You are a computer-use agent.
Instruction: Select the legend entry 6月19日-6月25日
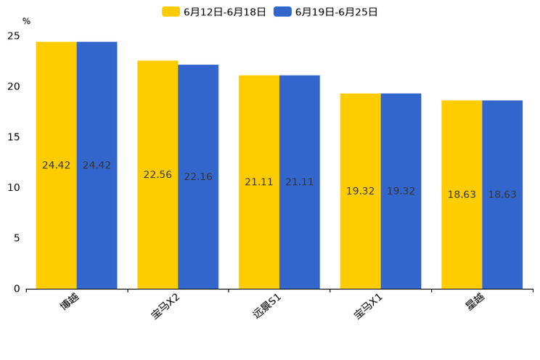coord(326,12)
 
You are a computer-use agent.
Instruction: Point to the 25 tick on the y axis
coord(14,36)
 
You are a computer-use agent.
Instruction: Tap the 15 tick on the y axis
coord(14,137)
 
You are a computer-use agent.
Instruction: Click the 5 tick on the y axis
coord(17,238)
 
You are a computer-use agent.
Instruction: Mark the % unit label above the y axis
coord(26,22)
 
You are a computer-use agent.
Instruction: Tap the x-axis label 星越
coord(475,301)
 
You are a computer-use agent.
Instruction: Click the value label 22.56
coord(157,175)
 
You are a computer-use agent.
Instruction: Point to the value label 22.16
coord(198,177)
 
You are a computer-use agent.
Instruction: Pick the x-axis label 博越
coord(70,301)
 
